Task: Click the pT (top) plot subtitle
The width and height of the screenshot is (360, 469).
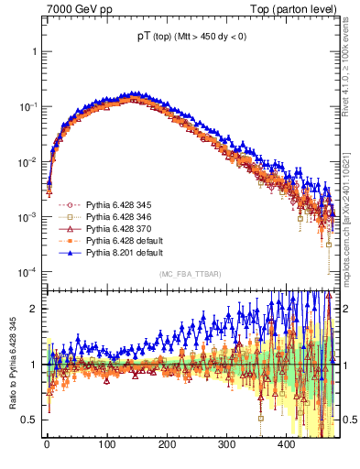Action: click(191, 38)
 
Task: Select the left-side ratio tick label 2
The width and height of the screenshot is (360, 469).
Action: click(33, 308)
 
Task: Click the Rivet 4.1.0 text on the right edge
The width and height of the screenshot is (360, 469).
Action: click(352, 73)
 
